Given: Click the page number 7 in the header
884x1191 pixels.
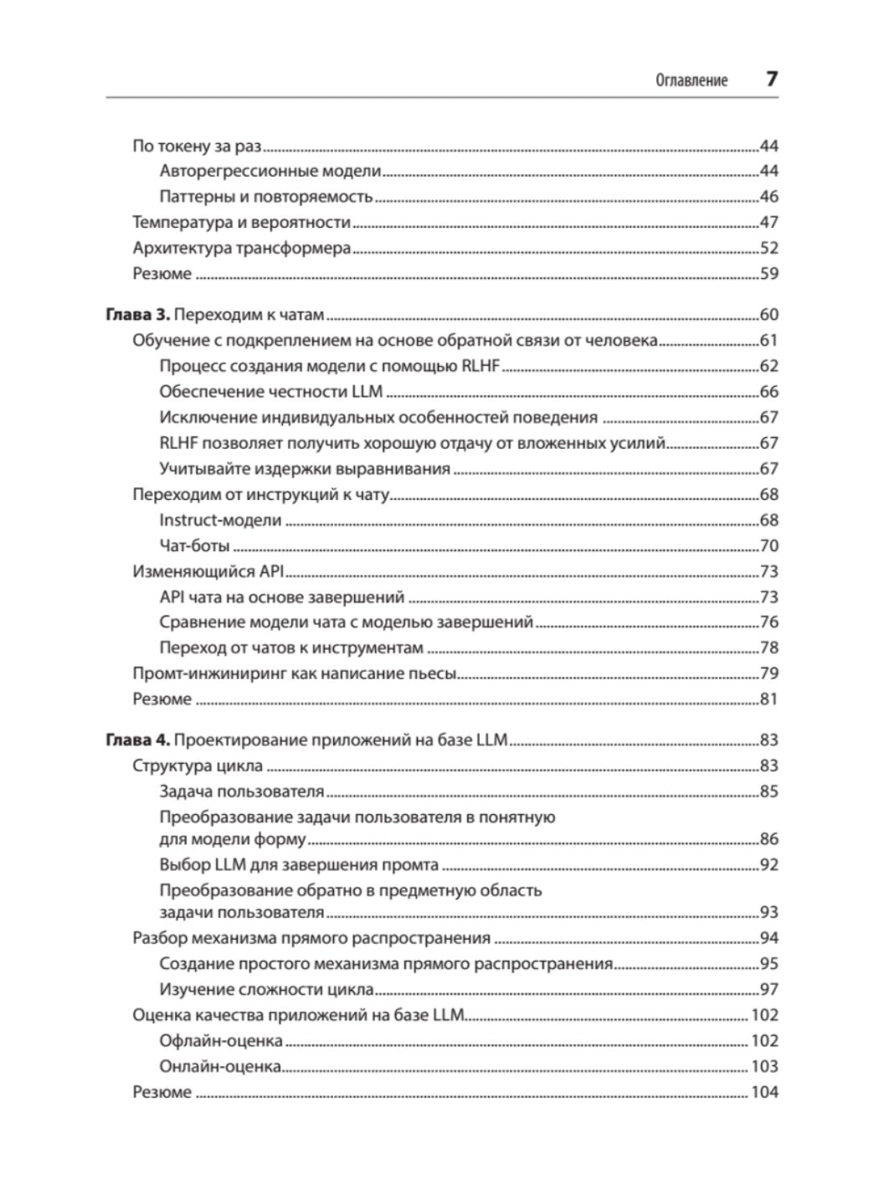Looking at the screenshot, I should click(771, 80).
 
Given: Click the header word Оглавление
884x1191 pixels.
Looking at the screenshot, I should click(691, 81).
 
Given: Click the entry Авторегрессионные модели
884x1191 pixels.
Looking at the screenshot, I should click(270, 171).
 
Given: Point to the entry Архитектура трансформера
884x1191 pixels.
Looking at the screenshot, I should click(241, 248).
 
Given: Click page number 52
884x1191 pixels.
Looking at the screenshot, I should click(768, 248).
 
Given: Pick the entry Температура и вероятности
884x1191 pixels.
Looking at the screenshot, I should click(241, 222).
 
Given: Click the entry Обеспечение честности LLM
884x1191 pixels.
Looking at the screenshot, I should click(270, 391).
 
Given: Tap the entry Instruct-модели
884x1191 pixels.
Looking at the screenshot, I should click(220, 520).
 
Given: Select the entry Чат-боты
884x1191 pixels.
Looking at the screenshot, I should click(194, 546).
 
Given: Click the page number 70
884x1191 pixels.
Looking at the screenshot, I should click(768, 546).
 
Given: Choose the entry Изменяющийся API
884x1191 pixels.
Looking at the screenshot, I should click(208, 571).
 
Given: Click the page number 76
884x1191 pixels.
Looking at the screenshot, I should click(768, 622).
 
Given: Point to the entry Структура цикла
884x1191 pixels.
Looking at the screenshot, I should click(198, 766).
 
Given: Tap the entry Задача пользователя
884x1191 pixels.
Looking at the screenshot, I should click(241, 791).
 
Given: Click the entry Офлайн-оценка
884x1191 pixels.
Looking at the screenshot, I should click(220, 1040).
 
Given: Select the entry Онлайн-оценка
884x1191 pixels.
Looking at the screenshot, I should click(219, 1066).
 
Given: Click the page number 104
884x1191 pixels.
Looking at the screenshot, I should click(764, 1092).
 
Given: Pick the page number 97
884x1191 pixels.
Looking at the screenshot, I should click(768, 989).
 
